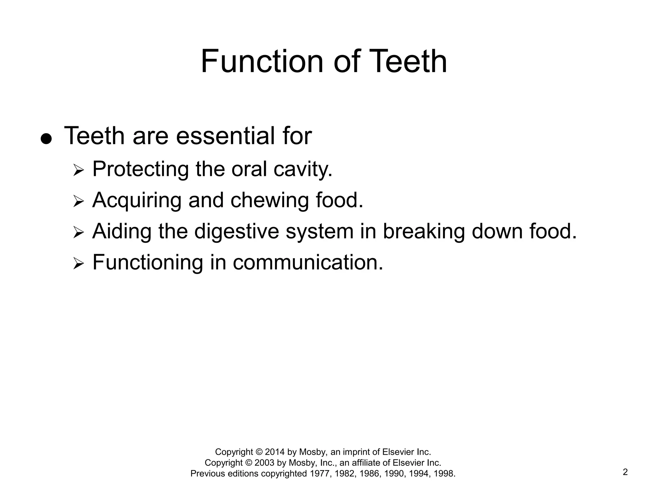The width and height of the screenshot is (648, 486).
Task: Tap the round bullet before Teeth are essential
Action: (46, 139)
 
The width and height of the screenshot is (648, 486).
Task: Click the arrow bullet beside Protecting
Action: (78, 171)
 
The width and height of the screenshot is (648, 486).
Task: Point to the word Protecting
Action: (140, 169)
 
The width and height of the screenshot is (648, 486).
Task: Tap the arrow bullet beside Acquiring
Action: (78, 202)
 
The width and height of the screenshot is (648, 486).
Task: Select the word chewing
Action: (269, 201)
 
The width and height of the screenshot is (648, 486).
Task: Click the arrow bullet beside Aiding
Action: (78, 233)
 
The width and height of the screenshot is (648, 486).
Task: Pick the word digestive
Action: (237, 232)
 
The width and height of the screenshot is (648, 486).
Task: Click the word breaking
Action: (424, 232)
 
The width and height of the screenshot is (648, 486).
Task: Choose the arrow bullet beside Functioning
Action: (78, 264)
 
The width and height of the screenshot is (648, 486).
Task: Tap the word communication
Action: (308, 262)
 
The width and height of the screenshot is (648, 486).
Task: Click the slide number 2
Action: (625, 472)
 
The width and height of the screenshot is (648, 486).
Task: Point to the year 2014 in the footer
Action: (275, 452)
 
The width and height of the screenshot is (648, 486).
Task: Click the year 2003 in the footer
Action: (265, 463)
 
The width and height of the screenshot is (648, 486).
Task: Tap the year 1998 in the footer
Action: (444, 474)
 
